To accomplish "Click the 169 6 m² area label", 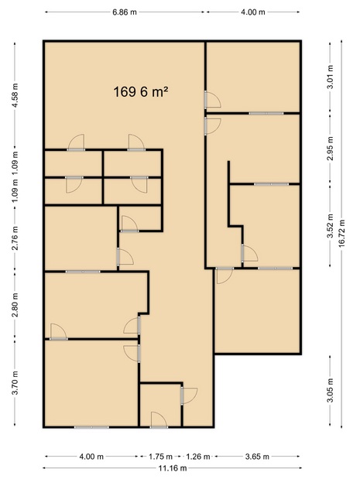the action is point(141,92).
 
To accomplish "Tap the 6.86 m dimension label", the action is point(125,12).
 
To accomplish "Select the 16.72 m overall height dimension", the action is point(341,233).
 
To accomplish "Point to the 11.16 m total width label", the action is point(173,468).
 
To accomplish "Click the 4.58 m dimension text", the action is point(14,95).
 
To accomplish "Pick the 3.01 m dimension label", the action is point(330,77).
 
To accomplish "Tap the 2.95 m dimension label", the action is point(330,149).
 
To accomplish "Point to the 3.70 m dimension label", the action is point(14,383).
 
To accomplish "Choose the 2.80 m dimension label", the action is point(14,305).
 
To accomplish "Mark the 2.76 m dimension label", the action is point(14,238).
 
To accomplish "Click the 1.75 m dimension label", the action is point(160,457).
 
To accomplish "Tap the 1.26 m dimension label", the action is point(198,457).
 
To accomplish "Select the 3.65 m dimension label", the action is point(257,457).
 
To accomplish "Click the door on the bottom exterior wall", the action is point(159,420).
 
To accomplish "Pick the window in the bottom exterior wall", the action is point(91,427).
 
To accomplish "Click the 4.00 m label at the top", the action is point(253,12).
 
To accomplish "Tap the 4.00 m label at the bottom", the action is point(91,457).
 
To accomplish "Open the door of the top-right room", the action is point(212,100).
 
